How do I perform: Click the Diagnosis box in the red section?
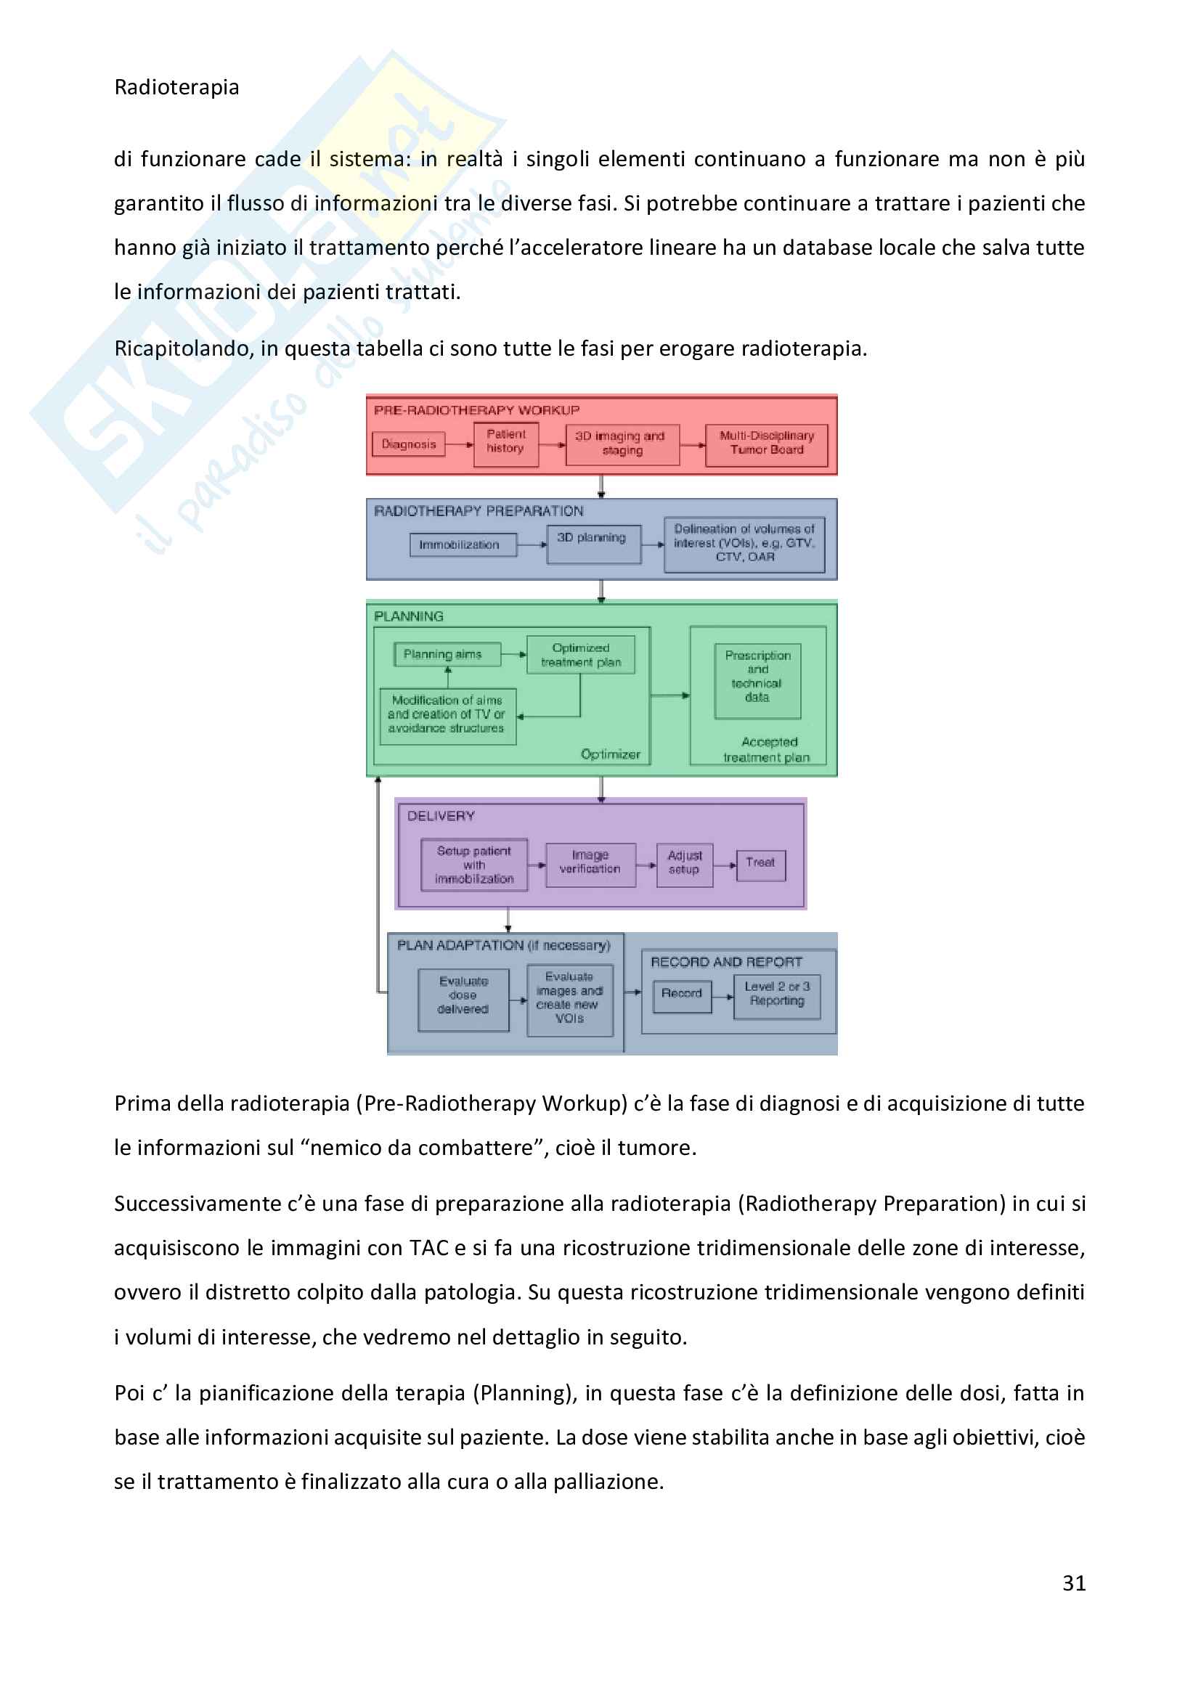[x=408, y=444]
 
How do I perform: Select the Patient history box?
[x=506, y=444]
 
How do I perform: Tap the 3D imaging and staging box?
[x=622, y=444]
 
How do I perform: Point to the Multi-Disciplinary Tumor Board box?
[x=766, y=444]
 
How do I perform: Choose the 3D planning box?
[x=593, y=544]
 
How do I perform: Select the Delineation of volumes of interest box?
[x=744, y=544]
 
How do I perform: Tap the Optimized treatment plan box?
[x=581, y=656]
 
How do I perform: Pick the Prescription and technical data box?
[x=757, y=680]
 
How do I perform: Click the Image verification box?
[x=590, y=864]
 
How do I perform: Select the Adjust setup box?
[x=684, y=864]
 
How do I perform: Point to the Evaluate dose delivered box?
[x=464, y=999]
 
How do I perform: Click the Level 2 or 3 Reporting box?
[x=776, y=996]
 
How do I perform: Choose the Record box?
[x=682, y=995]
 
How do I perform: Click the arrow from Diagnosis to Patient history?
[x=459, y=444]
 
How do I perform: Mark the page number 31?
[x=1074, y=1583]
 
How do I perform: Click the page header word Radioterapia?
[x=176, y=87]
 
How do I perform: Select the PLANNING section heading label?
[x=409, y=617]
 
